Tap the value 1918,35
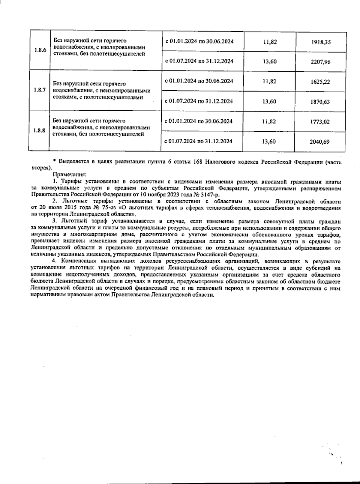[321, 42]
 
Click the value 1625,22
[321, 82]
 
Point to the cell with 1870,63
[321, 102]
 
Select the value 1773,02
[321, 122]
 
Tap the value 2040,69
[321, 142]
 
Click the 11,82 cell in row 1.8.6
[269, 42]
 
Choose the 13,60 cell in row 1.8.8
[269, 142]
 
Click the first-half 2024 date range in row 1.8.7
[199, 81]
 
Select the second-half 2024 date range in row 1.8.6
[199, 61]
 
